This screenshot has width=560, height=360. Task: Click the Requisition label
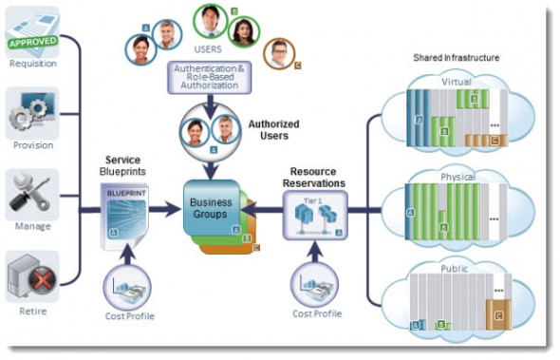pyautogui.click(x=33, y=65)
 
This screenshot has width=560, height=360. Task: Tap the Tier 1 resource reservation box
pyautogui.click(x=315, y=213)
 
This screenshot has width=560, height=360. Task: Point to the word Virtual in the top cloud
pyautogui.click(x=457, y=83)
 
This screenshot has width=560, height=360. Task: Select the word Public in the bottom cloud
pyautogui.click(x=455, y=269)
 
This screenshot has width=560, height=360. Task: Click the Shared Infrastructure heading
pyautogui.click(x=456, y=58)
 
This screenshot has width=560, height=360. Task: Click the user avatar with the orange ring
pyautogui.click(x=279, y=52)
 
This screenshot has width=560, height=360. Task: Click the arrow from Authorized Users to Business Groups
pyautogui.click(x=211, y=163)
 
